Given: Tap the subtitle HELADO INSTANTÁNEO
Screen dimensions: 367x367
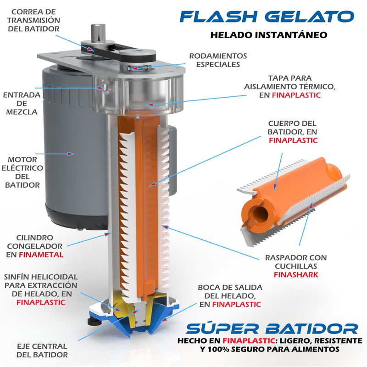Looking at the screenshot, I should tap(268, 34).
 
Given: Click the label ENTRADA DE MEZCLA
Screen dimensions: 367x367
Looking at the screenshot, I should tap(20, 103).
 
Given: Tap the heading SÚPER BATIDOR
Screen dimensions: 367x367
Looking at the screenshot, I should tap(272, 328).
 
